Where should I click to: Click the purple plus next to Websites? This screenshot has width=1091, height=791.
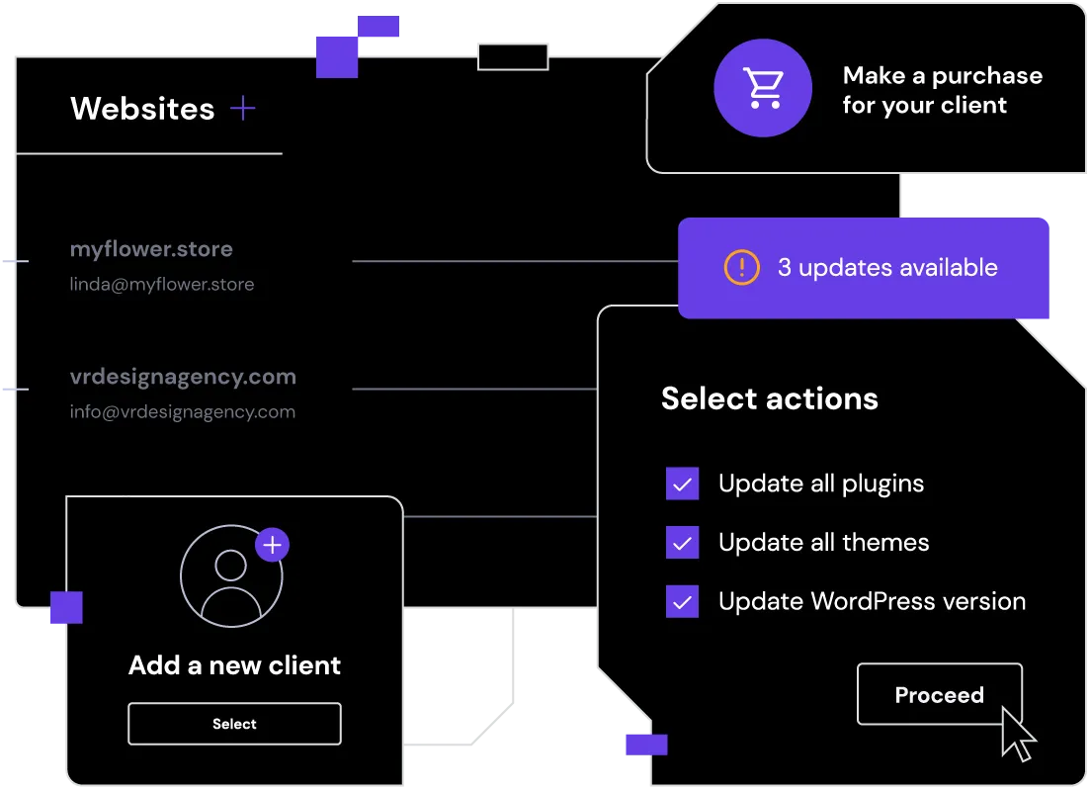point(242,109)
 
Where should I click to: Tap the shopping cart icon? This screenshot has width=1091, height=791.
point(763,88)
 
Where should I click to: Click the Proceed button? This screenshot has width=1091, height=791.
point(939,695)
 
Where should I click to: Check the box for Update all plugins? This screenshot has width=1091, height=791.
point(683,483)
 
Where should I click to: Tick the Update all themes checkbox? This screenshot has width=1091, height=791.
point(683,543)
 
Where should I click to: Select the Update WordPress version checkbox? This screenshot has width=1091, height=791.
point(683,601)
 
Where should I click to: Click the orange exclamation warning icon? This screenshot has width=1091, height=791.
point(742,267)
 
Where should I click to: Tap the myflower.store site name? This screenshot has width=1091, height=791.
point(151,249)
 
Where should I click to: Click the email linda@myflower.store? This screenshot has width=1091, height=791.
point(162,285)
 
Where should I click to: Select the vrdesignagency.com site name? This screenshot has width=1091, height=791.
point(183,377)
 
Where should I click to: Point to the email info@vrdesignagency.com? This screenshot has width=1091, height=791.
point(183,412)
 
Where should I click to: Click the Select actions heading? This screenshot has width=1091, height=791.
point(769,398)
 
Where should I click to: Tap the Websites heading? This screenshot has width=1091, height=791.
point(142,109)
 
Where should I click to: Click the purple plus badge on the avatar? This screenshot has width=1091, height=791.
point(272,545)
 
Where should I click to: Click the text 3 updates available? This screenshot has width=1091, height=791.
point(887,268)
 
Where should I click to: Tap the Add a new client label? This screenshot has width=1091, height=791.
point(234,665)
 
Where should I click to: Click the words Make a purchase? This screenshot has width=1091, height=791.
point(942,76)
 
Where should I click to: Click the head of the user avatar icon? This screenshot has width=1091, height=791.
point(230,566)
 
